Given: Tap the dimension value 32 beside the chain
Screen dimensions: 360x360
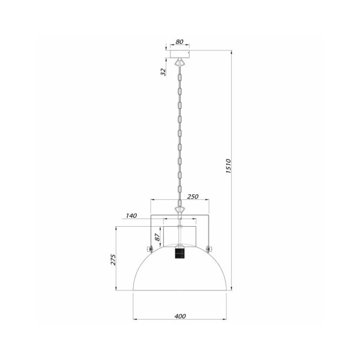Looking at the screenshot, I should (x=163, y=72).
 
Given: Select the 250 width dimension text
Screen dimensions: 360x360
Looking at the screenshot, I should (x=193, y=196).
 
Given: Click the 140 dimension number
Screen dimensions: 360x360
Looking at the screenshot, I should (x=132, y=215).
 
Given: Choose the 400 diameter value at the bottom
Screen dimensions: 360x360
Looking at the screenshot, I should (x=180, y=316).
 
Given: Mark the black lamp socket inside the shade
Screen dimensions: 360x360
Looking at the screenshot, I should (x=178, y=254).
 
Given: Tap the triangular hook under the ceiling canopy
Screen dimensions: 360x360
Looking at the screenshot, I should (x=179, y=62).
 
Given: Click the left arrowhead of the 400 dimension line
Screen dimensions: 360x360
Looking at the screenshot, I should (x=134, y=320).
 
